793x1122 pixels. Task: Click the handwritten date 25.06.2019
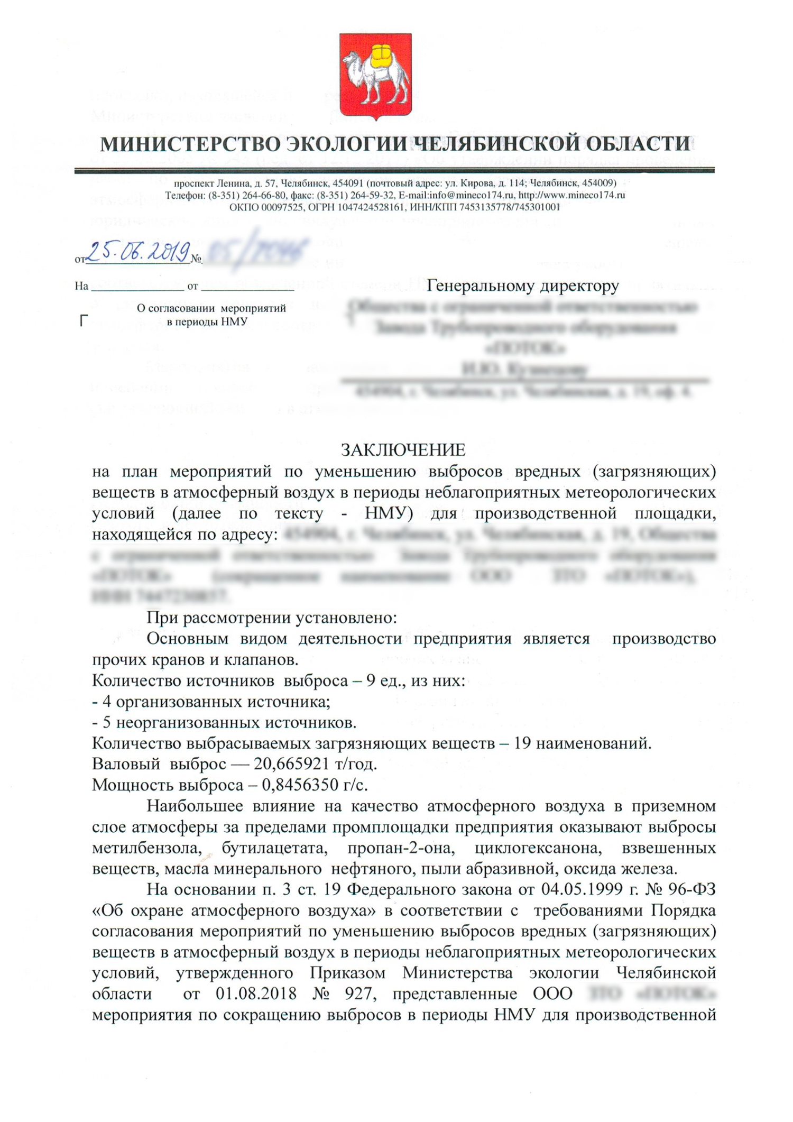coord(139,253)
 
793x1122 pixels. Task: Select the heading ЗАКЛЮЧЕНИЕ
coord(403,450)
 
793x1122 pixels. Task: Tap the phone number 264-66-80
coord(264,195)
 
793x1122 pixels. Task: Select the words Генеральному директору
coord(523,286)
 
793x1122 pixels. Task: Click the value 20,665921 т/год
coord(315,765)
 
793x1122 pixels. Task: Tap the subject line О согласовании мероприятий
coord(211,308)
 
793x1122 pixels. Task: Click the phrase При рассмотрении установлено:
coord(271,618)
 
